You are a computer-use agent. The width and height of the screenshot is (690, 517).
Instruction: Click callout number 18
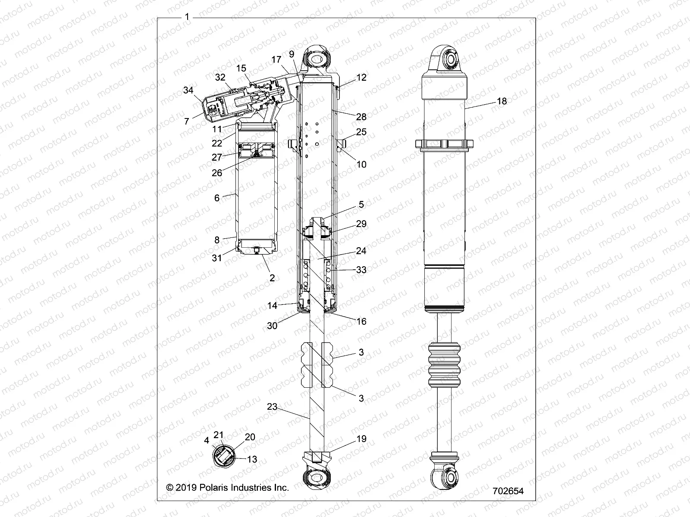[x=502, y=101]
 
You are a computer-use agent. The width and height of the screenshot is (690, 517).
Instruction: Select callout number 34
[x=188, y=90]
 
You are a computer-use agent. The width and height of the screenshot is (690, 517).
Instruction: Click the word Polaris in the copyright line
[x=214, y=488]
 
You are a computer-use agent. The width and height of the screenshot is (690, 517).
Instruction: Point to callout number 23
[x=272, y=406]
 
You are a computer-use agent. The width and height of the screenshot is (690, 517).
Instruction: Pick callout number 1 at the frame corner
[x=187, y=17]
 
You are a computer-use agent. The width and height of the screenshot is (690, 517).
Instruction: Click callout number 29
[x=361, y=224]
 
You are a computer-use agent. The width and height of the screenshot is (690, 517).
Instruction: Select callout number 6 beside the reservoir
[x=217, y=198]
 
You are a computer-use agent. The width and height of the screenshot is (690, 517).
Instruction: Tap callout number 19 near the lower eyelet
[x=361, y=439]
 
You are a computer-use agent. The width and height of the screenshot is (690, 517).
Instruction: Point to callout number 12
[x=361, y=78]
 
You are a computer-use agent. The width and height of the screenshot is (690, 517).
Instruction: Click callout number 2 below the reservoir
[x=272, y=278]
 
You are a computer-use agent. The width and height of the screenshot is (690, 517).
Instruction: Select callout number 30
[x=272, y=326]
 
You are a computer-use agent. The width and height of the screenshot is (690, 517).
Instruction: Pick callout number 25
[x=361, y=131]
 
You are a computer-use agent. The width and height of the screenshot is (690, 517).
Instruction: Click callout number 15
[x=241, y=68]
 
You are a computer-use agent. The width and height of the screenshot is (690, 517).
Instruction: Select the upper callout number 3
[x=361, y=352]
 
